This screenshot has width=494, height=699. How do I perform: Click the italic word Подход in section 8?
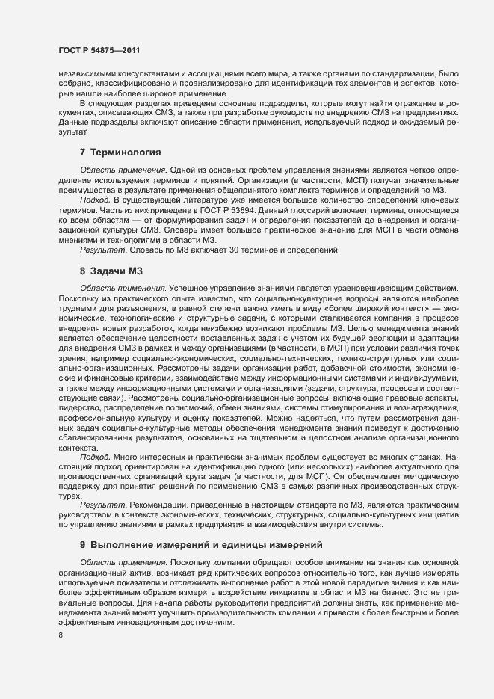click(94, 455)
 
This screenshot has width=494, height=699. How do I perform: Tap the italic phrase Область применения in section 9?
click(123, 561)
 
